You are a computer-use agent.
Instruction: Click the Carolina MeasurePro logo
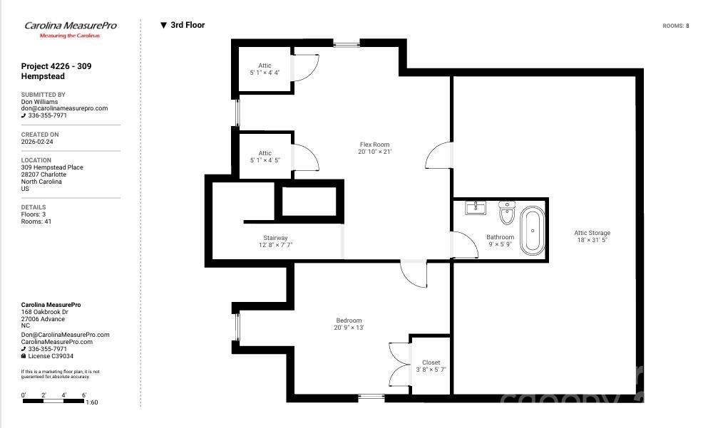[70, 28]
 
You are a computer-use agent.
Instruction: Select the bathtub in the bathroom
[531, 230]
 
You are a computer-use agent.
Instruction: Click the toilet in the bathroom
[507, 212]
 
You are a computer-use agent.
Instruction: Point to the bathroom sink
[476, 207]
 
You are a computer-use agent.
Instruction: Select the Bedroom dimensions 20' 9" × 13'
[349, 328]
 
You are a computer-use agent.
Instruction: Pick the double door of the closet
[397, 364]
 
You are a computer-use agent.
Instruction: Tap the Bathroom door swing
[464, 246]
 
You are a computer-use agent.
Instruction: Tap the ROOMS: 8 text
[675, 26]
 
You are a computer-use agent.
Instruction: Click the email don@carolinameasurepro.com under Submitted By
[64, 108]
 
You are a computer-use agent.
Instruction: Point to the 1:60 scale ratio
[91, 402]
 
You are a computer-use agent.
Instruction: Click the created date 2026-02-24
[37, 142]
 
